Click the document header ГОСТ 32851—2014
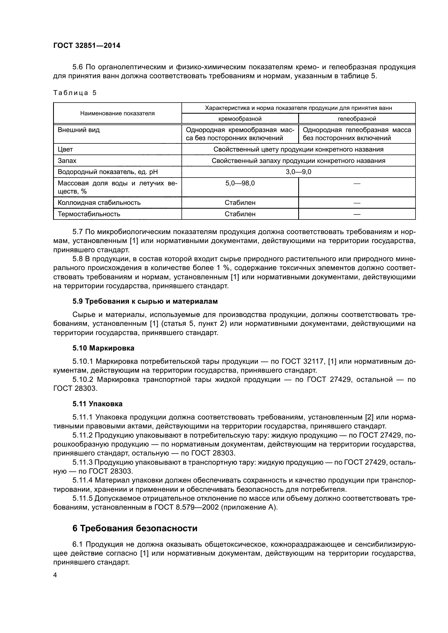click(87, 46)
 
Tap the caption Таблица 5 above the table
click(75, 93)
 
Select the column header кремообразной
click(240, 119)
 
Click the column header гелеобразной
click(357, 119)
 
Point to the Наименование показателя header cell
click(117, 113)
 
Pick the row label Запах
click(67, 161)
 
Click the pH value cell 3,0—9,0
click(298, 172)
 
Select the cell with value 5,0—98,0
click(240, 183)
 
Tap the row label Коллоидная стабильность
click(99, 203)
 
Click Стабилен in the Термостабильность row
click(240, 214)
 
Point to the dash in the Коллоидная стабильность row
click(357, 203)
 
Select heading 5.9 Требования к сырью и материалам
click(145, 301)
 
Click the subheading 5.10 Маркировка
click(103, 348)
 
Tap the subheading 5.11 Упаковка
click(98, 404)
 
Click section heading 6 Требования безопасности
click(135, 529)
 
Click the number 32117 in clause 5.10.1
click(314, 362)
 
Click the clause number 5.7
click(78, 232)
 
